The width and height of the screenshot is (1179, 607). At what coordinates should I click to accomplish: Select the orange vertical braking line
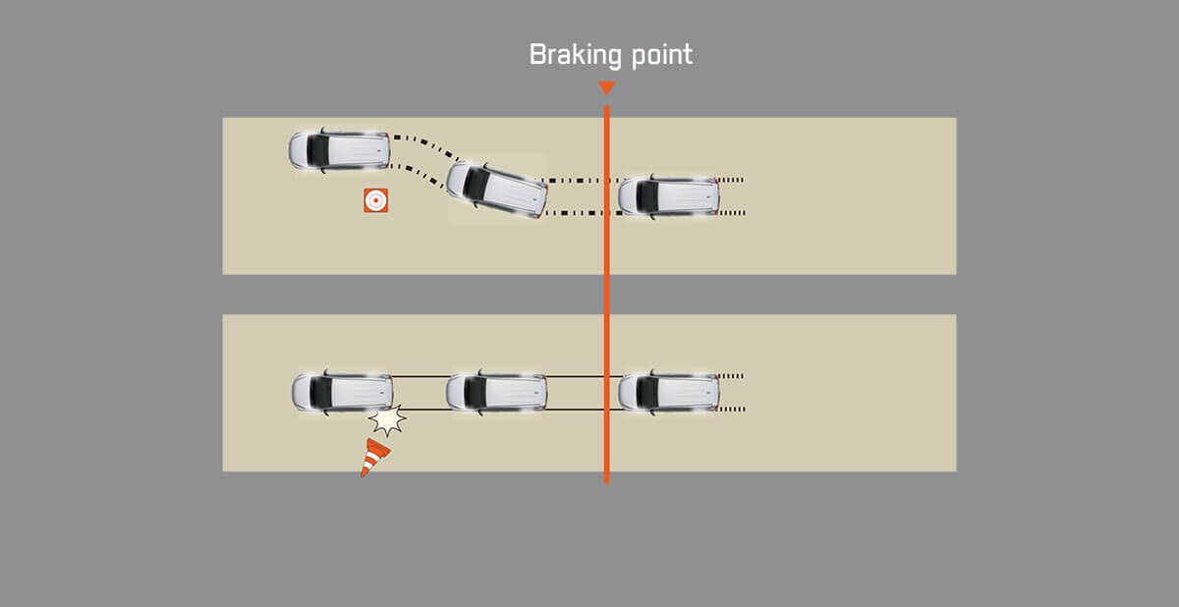point(606,295)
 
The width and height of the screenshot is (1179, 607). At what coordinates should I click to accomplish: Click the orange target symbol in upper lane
point(374,200)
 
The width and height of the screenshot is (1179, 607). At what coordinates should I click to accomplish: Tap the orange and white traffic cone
point(373,457)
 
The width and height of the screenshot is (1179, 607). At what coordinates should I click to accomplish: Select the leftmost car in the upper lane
point(339,150)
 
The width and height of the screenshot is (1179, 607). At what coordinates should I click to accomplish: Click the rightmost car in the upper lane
point(669,195)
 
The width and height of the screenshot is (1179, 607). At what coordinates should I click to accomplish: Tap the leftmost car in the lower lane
point(343,392)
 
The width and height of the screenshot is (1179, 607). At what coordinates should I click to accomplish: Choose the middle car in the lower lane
point(496,391)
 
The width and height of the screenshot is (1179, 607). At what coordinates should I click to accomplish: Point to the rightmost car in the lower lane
point(669,391)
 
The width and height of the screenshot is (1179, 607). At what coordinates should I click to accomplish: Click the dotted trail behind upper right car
point(732,195)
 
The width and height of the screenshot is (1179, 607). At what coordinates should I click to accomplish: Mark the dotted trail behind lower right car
point(732,391)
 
